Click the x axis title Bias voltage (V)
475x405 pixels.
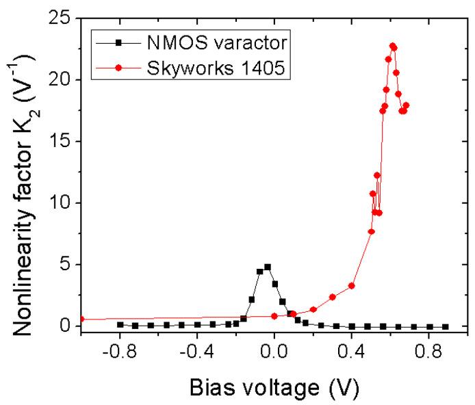pyautogui.click(x=273, y=387)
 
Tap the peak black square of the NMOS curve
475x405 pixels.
pyautogui.click(x=268, y=267)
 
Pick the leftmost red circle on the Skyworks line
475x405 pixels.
pyautogui.click(x=81, y=319)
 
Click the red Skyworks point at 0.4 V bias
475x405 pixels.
pyautogui.click(x=352, y=285)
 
